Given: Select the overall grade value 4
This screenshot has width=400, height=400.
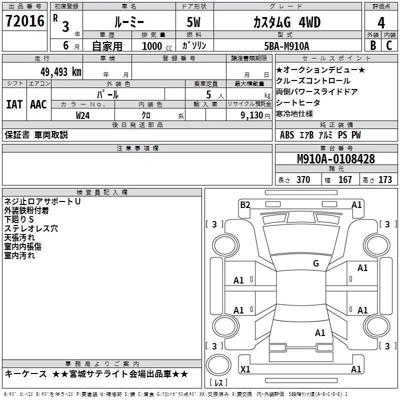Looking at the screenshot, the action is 381,22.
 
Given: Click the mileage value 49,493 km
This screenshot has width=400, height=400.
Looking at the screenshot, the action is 60,71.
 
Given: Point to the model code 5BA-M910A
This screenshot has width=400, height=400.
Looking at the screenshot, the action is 286,46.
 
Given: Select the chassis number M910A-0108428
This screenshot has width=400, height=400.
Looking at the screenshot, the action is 336,159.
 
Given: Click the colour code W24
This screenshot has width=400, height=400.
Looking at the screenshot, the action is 83,115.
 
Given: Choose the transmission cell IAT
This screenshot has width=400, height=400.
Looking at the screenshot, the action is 14,104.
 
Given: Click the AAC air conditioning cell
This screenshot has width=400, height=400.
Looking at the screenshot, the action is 38,104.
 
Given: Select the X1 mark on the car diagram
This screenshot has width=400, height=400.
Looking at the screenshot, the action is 245,369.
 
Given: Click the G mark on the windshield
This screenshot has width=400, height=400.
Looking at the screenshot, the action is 315,263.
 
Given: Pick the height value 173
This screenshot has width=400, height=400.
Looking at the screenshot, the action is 385,180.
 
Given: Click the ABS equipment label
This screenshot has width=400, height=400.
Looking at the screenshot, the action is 287,135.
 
